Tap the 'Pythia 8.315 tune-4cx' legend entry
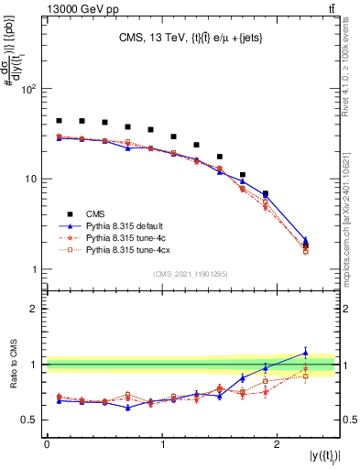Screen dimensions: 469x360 pos(132,249)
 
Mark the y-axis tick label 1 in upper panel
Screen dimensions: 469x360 pos(36,269)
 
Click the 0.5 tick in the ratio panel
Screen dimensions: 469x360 pos(30,420)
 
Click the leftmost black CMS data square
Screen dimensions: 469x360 pos(59,120)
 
